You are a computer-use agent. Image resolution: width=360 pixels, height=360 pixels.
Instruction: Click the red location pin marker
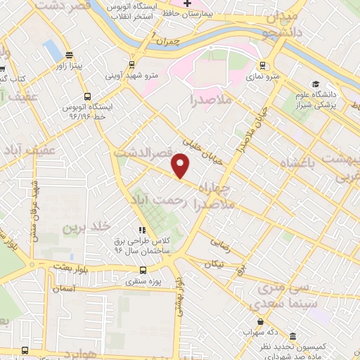181,165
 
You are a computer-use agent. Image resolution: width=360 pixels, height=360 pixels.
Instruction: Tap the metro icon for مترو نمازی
278,65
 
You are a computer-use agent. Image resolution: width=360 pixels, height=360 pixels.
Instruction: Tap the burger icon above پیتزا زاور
69,55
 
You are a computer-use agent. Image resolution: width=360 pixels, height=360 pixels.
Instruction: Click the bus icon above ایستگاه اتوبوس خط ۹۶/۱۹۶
86,96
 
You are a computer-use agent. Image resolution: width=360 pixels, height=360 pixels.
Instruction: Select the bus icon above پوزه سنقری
143,269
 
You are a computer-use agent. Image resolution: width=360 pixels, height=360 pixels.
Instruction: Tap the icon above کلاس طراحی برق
143,229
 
